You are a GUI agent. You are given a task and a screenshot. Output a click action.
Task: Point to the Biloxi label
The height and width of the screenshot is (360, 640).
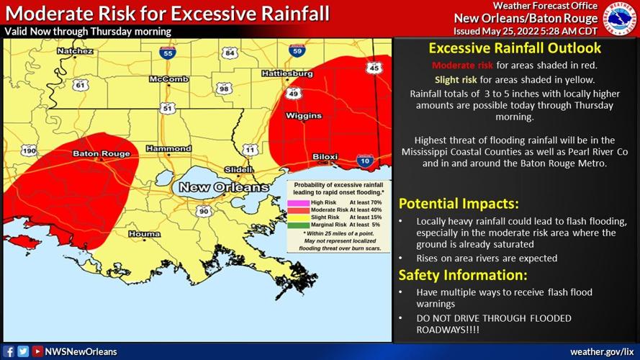[x=325, y=157]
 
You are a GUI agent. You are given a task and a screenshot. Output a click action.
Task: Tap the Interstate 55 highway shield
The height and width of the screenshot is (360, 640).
[x=167, y=53]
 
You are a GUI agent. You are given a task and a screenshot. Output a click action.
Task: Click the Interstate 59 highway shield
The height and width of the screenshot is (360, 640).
[x=297, y=50]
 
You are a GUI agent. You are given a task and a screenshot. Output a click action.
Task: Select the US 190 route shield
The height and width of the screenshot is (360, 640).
[x=29, y=150]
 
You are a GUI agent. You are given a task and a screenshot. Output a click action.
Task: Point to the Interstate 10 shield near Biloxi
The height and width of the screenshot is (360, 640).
[x=364, y=162]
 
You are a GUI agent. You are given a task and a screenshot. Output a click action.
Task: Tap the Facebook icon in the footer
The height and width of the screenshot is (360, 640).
[x=9, y=351]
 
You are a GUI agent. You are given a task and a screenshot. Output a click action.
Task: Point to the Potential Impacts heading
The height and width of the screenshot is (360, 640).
[x=458, y=203]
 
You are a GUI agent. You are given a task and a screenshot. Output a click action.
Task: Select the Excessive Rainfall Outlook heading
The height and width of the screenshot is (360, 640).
[x=515, y=49]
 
